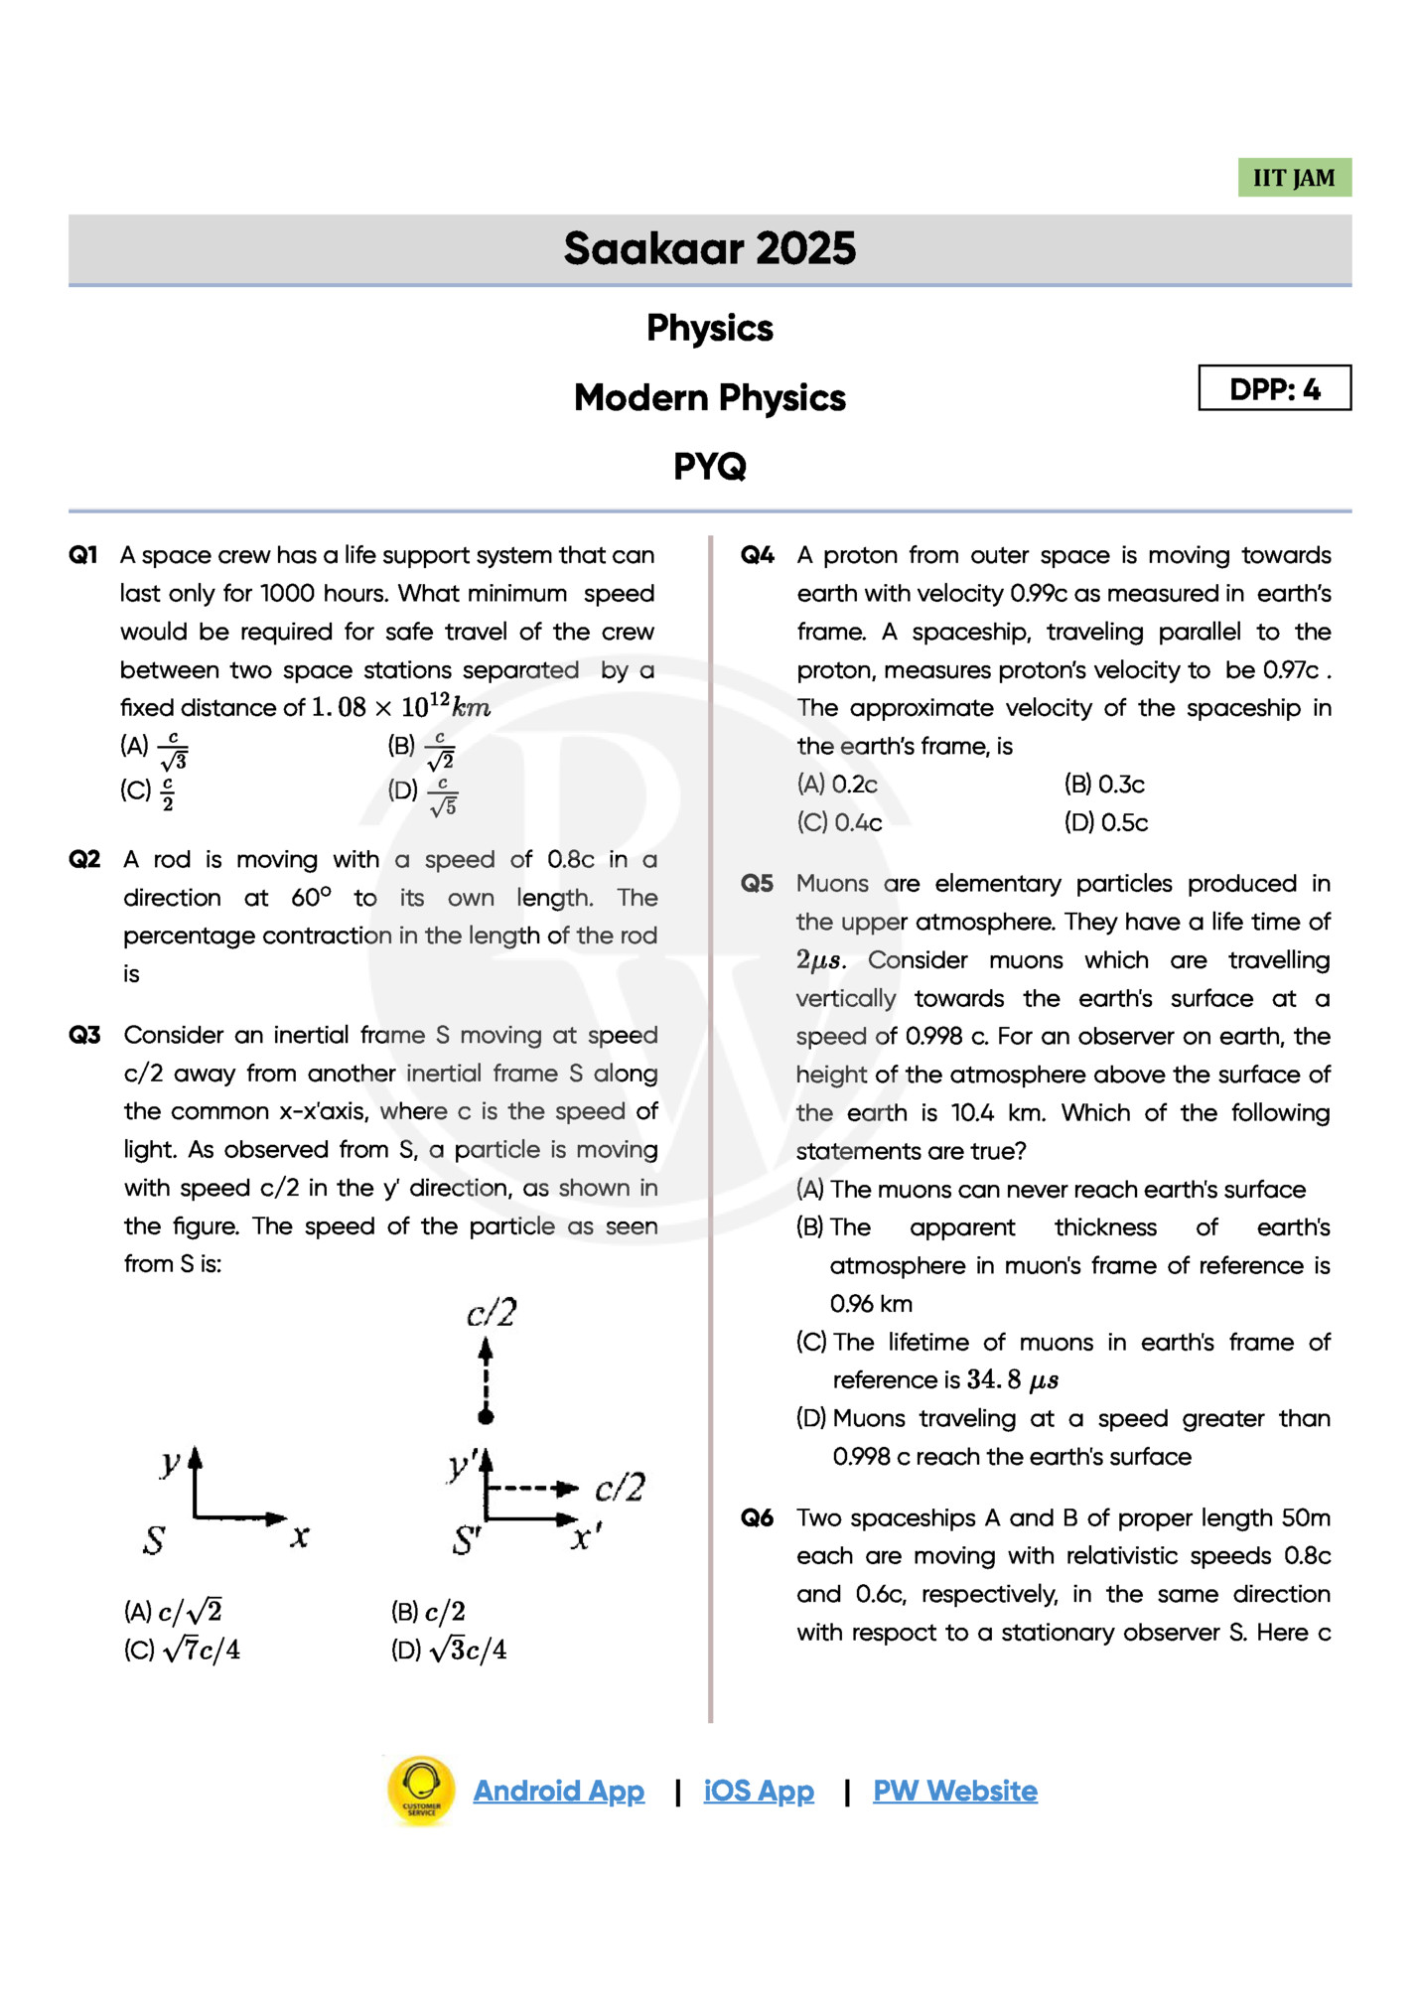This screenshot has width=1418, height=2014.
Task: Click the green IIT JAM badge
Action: tap(1293, 178)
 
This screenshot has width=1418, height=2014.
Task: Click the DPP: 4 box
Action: tap(1274, 388)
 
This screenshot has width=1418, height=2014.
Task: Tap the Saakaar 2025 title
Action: tap(709, 248)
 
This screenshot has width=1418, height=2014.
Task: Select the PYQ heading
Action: tap(709, 466)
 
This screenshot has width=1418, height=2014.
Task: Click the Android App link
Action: tap(558, 1791)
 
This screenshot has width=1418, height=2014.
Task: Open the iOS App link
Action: tap(759, 1791)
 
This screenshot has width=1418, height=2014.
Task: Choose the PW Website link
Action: tap(954, 1791)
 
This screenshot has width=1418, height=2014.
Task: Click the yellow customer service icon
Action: tap(421, 1790)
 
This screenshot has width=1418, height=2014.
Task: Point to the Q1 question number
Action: tap(83, 555)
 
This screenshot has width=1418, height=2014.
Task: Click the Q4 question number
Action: tap(758, 555)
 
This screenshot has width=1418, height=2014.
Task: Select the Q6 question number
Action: tap(758, 1517)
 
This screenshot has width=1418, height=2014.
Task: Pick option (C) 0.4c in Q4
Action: tap(840, 822)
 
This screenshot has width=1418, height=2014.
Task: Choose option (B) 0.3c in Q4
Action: tap(1104, 785)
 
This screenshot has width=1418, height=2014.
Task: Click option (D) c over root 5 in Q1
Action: tap(424, 794)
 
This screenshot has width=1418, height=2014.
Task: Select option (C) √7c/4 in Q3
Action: tap(183, 1650)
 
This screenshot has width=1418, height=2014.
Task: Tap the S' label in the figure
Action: tap(466, 1540)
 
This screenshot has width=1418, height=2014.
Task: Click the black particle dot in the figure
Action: tap(486, 1416)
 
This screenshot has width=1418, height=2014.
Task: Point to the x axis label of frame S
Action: tap(300, 1536)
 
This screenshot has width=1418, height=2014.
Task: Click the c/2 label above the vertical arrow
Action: tap(492, 1313)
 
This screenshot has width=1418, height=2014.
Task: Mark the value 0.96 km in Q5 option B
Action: tap(871, 1304)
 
